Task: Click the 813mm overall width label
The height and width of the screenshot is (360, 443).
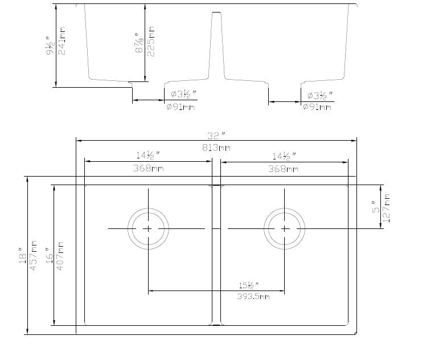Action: click(x=216, y=148)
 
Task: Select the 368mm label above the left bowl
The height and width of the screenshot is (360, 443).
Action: click(x=147, y=169)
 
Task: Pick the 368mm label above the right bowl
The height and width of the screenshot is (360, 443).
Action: click(x=284, y=169)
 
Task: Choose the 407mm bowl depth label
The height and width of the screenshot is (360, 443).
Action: click(x=61, y=255)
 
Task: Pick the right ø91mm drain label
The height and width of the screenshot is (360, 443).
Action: click(x=317, y=107)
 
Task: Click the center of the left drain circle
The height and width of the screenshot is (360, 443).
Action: click(x=148, y=228)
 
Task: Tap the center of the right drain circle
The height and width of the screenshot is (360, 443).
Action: click(x=285, y=228)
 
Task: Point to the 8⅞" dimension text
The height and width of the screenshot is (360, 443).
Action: click(x=138, y=40)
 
